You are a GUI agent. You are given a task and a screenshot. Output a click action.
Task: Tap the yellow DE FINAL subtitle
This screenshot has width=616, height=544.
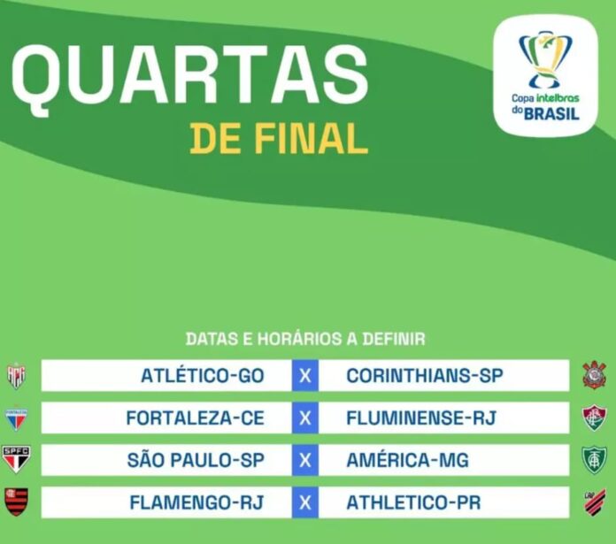click(279, 139)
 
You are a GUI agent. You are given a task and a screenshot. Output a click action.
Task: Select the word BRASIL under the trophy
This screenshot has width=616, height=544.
click(551, 114)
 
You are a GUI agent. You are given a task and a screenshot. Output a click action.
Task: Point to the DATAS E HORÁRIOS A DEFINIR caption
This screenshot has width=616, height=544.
click(305, 339)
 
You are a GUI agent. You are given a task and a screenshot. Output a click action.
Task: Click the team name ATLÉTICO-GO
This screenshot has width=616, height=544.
click(203, 376)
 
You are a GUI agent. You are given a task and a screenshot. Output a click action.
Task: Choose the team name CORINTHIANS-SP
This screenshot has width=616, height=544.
click(425, 376)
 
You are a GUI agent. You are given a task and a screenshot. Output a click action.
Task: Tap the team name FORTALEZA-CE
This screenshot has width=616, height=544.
click(195, 418)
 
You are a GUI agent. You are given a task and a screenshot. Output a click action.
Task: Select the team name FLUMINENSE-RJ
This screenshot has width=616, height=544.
click(421, 418)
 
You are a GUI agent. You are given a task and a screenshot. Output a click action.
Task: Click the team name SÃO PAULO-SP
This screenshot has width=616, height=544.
click(196, 460)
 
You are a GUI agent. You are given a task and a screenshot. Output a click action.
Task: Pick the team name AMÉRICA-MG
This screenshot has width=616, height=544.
click(407, 460)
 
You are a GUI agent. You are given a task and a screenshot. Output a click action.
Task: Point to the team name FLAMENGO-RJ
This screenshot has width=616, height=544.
click(196, 502)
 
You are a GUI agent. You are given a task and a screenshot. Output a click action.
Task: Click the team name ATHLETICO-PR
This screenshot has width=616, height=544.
click(413, 502)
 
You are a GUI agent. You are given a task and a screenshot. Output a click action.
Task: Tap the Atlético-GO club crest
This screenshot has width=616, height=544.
click(16, 376)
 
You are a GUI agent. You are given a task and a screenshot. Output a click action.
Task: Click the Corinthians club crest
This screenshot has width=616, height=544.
click(594, 375)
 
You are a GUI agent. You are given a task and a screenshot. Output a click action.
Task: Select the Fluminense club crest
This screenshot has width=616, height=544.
click(595, 418)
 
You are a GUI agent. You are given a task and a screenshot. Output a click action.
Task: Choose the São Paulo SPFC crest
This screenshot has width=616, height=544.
click(16, 459)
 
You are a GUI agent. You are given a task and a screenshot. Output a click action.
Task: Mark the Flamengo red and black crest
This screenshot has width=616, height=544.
click(16, 502)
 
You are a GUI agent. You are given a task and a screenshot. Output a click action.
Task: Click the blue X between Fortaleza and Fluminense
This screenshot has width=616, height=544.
click(305, 418)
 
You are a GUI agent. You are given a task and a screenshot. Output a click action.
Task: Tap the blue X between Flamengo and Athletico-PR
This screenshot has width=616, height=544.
click(305, 502)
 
